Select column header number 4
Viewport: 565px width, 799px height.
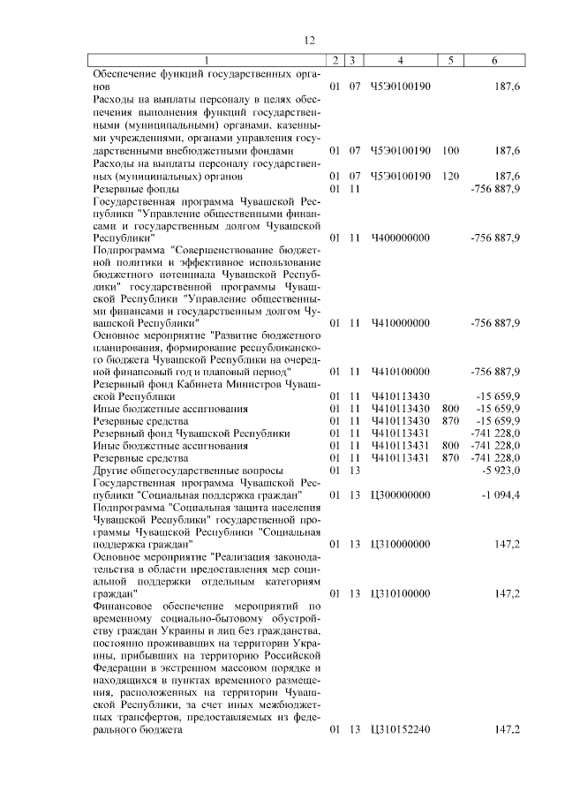tap(401, 60)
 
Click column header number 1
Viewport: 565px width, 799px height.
tap(207, 60)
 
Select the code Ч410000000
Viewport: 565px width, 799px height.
tap(401, 322)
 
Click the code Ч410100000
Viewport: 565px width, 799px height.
tap(401, 372)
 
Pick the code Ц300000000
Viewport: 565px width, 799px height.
tap(401, 496)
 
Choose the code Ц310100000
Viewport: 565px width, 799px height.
tap(401, 594)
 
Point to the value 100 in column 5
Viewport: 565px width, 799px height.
tap(450, 151)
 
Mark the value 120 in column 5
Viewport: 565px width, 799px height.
tap(450, 176)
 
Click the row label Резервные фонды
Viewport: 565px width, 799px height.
tap(136, 189)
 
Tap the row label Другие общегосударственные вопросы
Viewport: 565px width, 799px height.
tap(177, 471)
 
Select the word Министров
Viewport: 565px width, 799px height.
tap(264, 384)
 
